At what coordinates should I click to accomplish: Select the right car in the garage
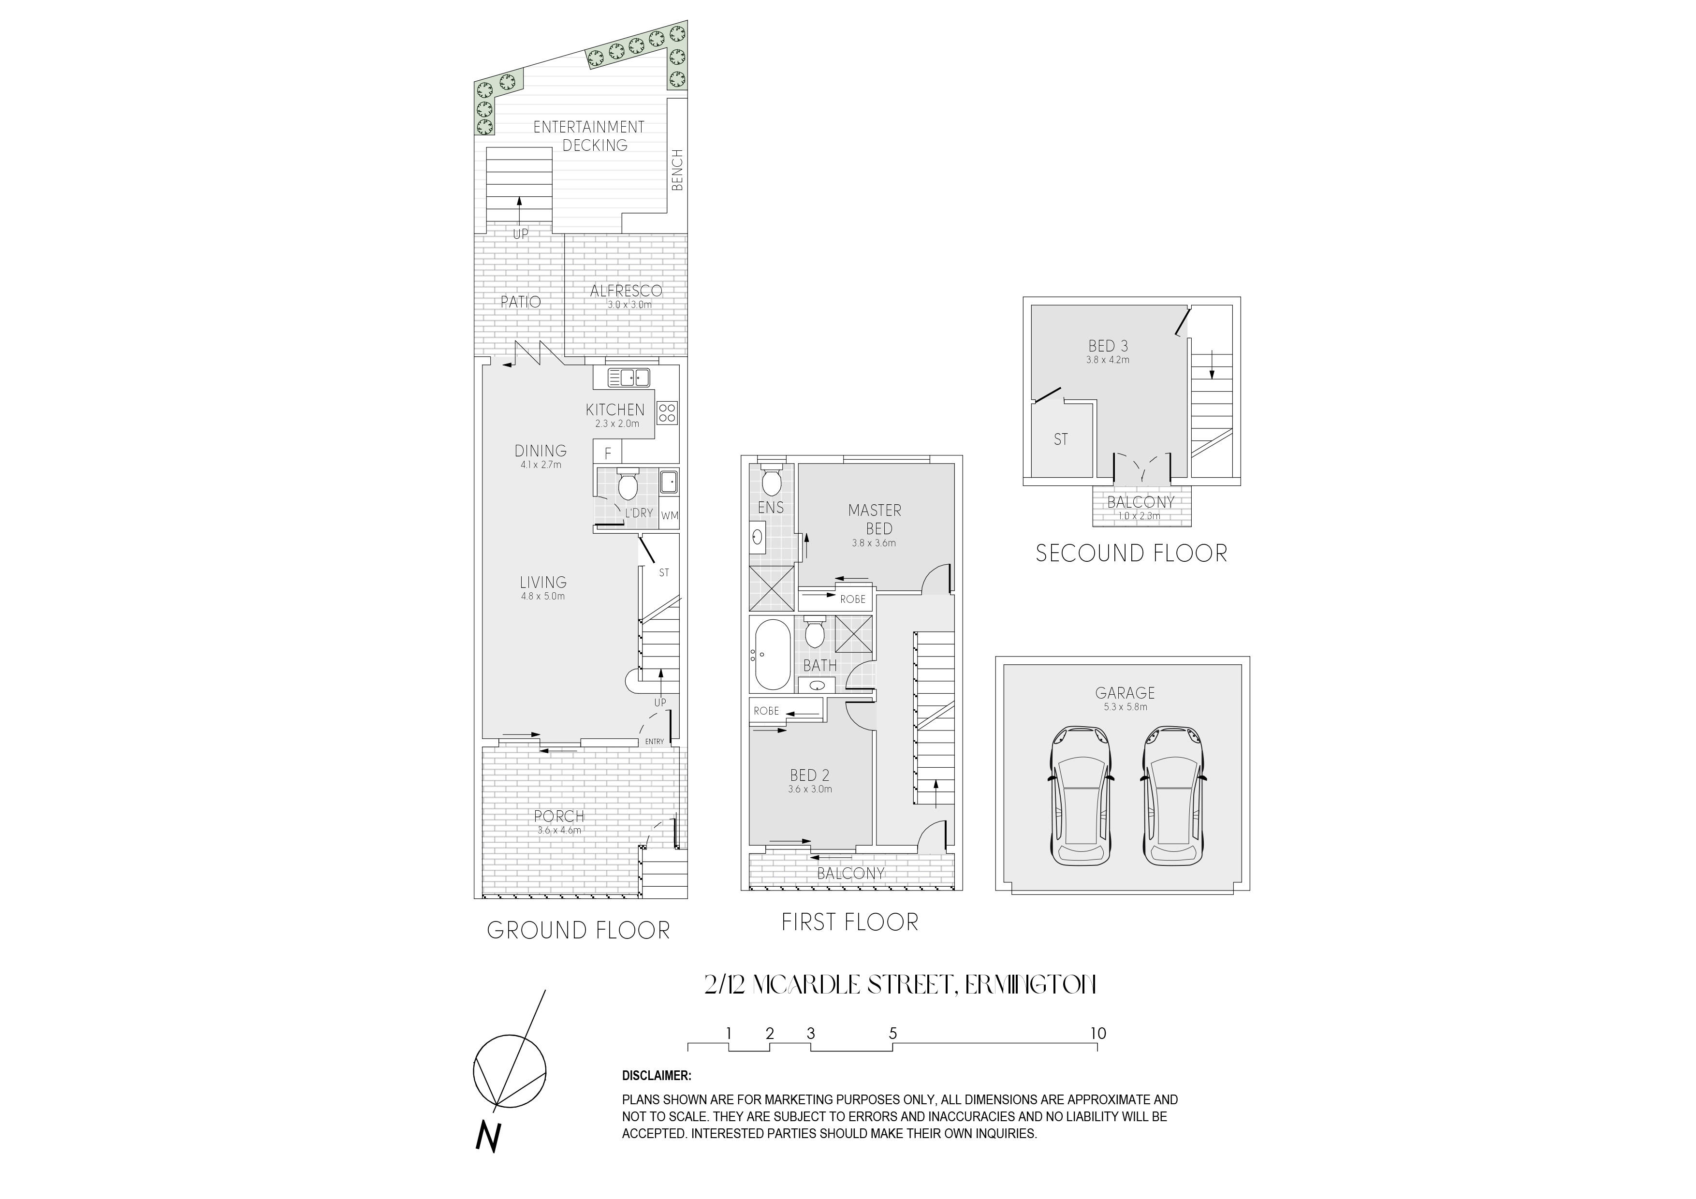1173,796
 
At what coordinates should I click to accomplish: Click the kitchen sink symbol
628,378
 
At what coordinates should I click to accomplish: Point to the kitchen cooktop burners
667,413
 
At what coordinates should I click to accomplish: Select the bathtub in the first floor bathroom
771,654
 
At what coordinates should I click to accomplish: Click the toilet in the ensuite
771,480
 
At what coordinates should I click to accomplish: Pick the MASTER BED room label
876,519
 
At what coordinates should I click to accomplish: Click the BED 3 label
1108,346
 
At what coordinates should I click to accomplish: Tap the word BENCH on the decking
677,170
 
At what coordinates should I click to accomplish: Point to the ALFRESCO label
627,291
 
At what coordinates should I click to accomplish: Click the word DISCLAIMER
657,1076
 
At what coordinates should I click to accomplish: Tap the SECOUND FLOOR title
1131,553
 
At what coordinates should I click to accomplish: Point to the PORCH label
559,816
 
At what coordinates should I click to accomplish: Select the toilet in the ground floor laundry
627,484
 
